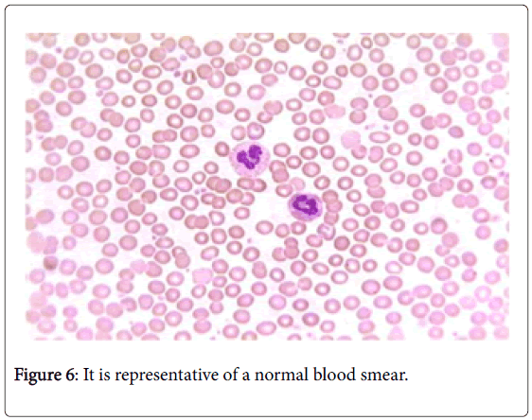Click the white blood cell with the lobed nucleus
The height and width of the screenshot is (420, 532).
pos(250,158)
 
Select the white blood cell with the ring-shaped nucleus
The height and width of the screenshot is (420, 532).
pos(305,205)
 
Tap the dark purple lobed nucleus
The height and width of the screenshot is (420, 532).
pos(250,157)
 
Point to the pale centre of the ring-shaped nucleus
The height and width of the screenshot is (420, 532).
pos(306,204)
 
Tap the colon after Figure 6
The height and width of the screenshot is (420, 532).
pos(77,376)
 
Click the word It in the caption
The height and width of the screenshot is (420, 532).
pos(89,375)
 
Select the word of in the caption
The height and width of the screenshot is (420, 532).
pos(230,375)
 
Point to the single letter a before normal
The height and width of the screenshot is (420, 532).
pos(245,376)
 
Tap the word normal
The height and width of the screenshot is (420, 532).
pos(281,375)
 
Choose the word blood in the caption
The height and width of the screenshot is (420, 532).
pos(333,375)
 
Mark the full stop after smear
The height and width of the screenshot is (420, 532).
pos(406,380)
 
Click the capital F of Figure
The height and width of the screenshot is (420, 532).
pos(19,375)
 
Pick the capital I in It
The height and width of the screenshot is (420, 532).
pos(86,375)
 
